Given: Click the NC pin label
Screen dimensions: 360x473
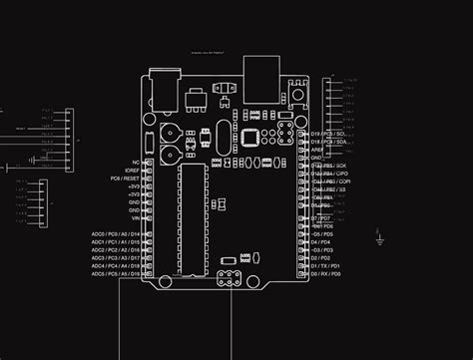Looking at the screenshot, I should (135, 162).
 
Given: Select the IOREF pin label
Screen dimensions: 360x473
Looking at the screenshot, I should (132, 170).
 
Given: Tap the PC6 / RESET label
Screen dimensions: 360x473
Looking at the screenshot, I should (125, 179).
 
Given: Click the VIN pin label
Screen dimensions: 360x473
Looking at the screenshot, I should (134, 218).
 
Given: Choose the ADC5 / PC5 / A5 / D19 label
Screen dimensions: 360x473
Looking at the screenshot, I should (116, 274).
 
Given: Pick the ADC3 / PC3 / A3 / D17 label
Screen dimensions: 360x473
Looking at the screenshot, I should (116, 258).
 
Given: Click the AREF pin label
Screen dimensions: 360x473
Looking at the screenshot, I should (317, 150).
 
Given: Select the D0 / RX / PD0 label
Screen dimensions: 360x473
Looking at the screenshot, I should (325, 274).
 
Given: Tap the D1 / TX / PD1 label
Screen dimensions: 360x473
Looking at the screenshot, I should (325, 266).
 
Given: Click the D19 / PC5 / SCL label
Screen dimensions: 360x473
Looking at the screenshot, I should (327, 134).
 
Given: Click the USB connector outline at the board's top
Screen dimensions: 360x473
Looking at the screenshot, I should (262, 78).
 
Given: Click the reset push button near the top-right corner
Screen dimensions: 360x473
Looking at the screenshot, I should (298, 95).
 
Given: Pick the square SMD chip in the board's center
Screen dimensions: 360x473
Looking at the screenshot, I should (250, 137).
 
